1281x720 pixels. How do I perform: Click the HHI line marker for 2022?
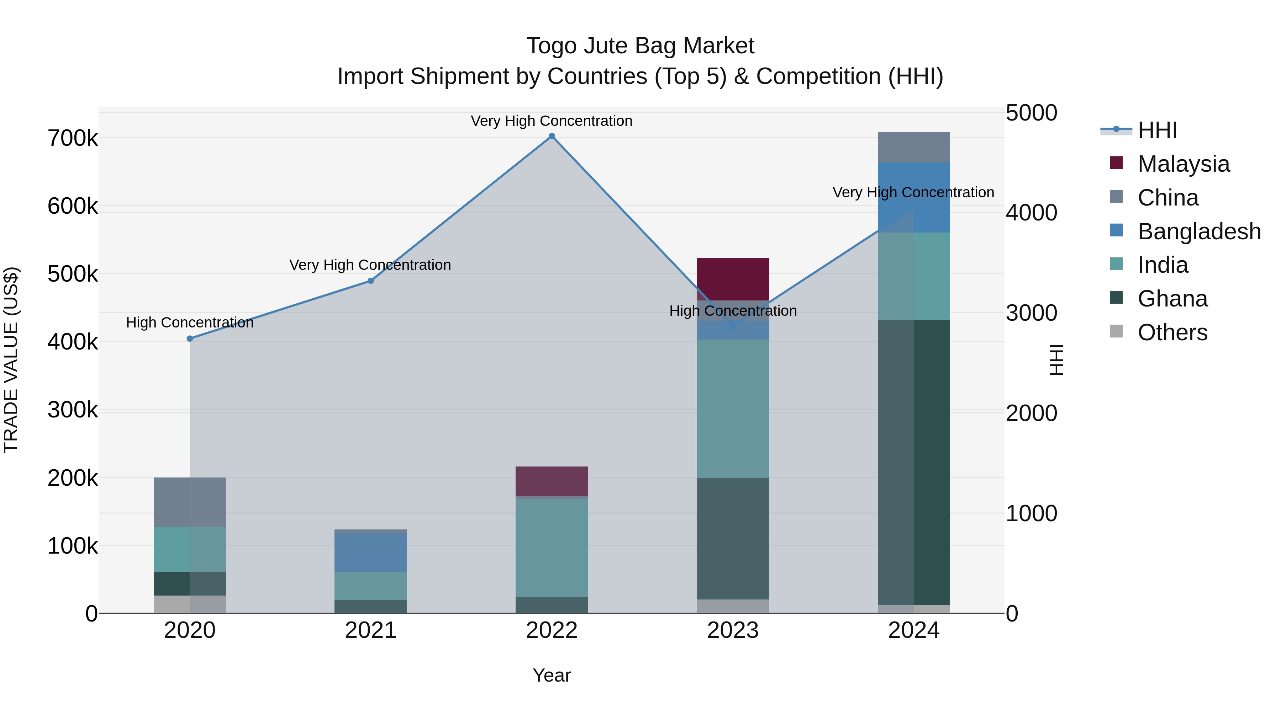coord(552,136)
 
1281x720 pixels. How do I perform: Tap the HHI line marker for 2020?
coord(189,339)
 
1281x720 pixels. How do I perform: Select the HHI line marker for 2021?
coord(370,281)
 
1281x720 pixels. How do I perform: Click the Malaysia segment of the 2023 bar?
coord(733,279)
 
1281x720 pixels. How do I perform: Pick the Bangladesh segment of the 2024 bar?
coord(913,197)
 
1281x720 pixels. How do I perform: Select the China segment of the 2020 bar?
coord(189,502)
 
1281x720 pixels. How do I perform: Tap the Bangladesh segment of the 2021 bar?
coord(370,553)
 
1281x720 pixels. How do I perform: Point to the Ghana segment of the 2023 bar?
coord(733,539)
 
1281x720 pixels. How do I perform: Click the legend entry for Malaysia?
coord(1183,164)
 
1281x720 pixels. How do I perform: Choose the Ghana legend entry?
coord(1172,299)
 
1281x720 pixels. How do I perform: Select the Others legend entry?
coord(1172,332)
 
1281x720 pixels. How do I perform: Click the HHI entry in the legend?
coord(1157,130)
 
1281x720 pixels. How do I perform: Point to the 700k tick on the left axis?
coord(73,138)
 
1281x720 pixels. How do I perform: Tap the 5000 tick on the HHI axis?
coord(1031,113)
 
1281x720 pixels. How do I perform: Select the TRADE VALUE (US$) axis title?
coord(11,360)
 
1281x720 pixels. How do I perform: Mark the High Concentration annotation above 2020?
coord(189,322)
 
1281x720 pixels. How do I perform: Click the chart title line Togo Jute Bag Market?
coord(640,46)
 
